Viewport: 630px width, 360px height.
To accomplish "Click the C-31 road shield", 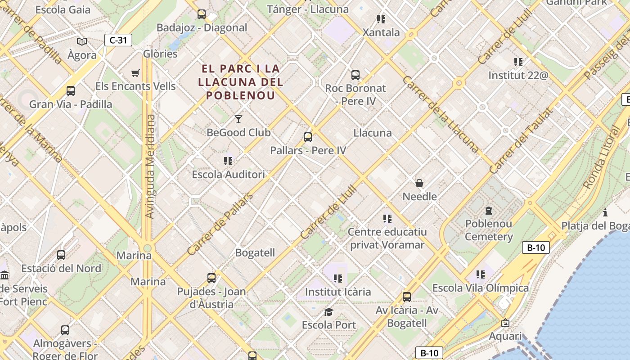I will pyautogui.click(x=118, y=40).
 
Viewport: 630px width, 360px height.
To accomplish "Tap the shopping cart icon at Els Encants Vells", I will pyautogui.click(x=135, y=73).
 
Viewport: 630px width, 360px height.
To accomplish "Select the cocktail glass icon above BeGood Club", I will pyautogui.click(x=238, y=119).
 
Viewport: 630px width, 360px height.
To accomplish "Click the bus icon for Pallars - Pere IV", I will pyautogui.click(x=308, y=137).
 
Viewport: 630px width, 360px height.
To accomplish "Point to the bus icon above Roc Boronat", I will pyautogui.click(x=355, y=75).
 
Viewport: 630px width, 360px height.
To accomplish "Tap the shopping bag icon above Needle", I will pyautogui.click(x=419, y=183).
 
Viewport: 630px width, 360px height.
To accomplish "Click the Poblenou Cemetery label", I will pyautogui.click(x=489, y=230).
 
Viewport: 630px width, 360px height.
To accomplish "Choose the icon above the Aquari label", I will pyautogui.click(x=505, y=323).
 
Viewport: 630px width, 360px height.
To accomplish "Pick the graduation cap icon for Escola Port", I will pyautogui.click(x=329, y=312).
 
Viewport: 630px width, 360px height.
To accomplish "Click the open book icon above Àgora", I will pyautogui.click(x=82, y=42).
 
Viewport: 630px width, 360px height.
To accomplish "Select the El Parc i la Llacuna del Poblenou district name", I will pyautogui.click(x=240, y=82).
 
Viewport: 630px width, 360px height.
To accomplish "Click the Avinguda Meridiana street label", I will pyautogui.click(x=150, y=166).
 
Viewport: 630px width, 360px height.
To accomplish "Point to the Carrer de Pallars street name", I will pyautogui.click(x=220, y=224).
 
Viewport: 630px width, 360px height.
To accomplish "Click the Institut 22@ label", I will pyautogui.click(x=518, y=75).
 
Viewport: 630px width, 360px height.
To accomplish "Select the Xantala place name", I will pyautogui.click(x=381, y=32).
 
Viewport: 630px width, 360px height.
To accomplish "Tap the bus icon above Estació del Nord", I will pyautogui.click(x=61, y=255).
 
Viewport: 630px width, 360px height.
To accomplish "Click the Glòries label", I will pyautogui.click(x=160, y=54).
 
